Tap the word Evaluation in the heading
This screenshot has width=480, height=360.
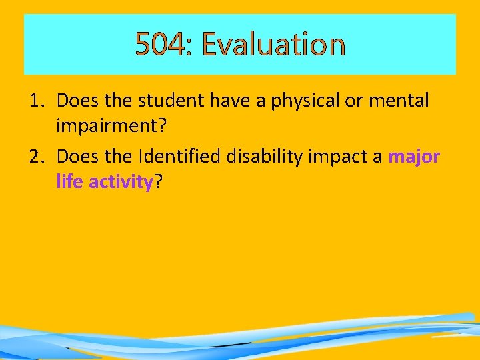click(x=273, y=45)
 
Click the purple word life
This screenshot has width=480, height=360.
click(x=68, y=181)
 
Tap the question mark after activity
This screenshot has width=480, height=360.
click(x=158, y=181)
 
